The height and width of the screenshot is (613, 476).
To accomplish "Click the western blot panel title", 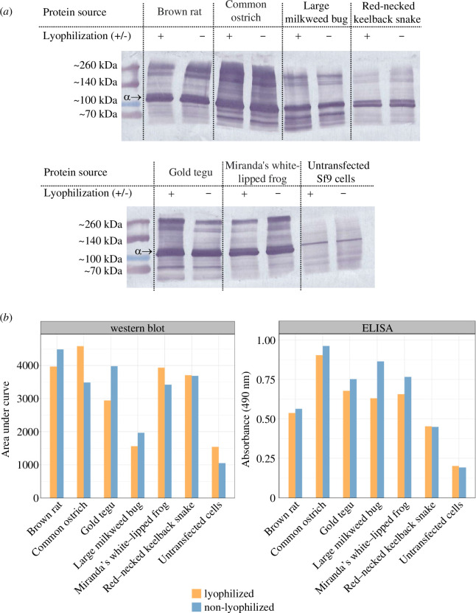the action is coord(137,328).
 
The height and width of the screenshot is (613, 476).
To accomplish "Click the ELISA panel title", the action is coord(377,328).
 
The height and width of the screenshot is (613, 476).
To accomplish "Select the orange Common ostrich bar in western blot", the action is coord(80,422).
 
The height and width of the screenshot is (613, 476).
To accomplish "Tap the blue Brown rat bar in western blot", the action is coord(60,424).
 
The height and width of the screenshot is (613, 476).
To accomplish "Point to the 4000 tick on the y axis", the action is coord(29,365).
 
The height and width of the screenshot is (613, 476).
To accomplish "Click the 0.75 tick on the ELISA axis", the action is coord(265,379).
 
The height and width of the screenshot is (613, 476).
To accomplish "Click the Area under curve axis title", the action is coord(5,418).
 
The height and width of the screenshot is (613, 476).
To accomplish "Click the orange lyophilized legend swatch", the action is coord(196,593).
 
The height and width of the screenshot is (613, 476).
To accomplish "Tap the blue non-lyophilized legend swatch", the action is coord(196,607).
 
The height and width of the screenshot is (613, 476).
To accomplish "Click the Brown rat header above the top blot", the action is coord(180,12).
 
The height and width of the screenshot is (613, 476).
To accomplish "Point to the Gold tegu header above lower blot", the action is coord(191,172).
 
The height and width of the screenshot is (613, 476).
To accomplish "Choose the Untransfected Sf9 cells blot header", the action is coord(338,172).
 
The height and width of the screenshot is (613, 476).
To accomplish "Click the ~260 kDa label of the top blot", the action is coord(95,66).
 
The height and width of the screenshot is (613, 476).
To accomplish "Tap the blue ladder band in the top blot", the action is coord(131,105).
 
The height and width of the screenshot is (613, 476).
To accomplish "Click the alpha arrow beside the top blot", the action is coord(132,97).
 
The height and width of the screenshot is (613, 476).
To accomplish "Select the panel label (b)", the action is coord(7,318).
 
